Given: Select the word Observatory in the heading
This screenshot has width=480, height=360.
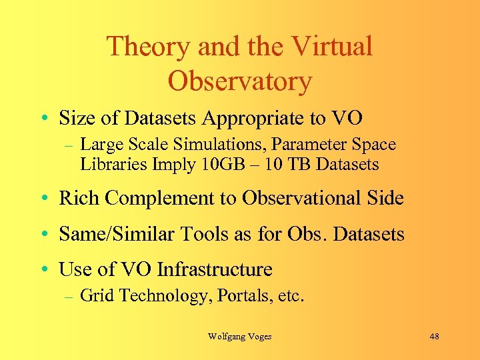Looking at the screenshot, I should coord(239,81).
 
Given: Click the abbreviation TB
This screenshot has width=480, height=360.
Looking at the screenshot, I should coord(293,164).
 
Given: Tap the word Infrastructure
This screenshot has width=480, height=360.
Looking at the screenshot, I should coord(214,269).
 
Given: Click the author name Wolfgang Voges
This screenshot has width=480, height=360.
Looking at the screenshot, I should coord(239,337).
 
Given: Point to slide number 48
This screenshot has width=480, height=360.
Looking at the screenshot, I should coord(435,337).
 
